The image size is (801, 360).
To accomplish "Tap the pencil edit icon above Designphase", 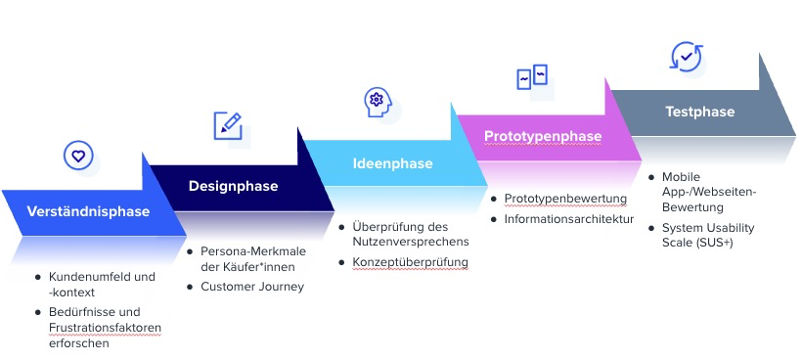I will tap(228, 124).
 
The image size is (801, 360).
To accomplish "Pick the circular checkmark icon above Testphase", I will tap(686, 57).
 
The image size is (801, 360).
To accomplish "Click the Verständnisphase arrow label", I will tap(88, 211).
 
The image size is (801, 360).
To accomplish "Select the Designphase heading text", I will tap(233, 186).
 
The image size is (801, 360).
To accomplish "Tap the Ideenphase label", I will tap(392, 163).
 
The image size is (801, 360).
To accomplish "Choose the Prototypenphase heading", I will tap(543, 136).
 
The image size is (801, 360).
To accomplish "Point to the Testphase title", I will tap(699, 112).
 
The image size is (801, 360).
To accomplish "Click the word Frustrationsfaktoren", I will tap(105, 327).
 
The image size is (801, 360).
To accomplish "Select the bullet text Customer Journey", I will tap(252, 287).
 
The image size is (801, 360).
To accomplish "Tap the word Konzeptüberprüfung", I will tap(411, 262).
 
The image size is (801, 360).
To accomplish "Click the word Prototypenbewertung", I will tap(565, 199).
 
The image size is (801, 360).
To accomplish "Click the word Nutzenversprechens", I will tap(411, 242).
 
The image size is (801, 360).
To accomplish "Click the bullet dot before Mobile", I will tap(652, 176).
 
